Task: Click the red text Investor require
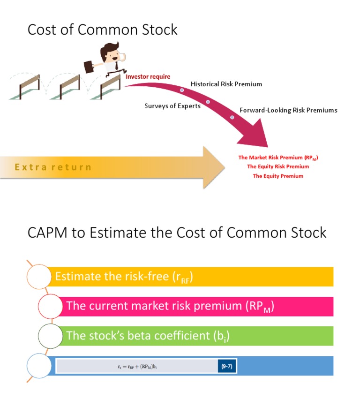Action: [148, 76]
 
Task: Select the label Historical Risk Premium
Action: [226, 84]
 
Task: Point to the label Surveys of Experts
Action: [172, 105]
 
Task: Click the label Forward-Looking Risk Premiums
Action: [288, 110]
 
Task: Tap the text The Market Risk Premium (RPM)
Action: [278, 158]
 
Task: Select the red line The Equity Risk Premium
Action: [278, 166]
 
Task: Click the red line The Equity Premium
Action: [278, 176]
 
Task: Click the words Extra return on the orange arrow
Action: [53, 167]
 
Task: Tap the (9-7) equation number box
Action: [227, 366]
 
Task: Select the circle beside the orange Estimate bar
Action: [39, 277]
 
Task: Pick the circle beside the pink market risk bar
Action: [50, 306]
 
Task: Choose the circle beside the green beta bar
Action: [50, 336]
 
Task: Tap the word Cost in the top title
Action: [43, 30]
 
